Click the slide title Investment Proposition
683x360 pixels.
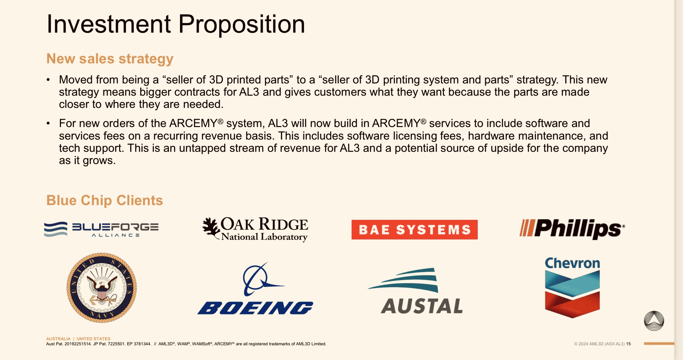176,24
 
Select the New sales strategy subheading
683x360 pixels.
110,59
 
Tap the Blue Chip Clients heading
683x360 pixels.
104,200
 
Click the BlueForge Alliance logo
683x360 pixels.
101,229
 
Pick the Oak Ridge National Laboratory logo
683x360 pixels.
255,229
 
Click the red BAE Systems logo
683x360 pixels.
414,230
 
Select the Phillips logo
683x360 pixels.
572,229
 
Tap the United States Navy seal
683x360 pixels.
102,288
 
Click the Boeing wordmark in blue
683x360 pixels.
255,308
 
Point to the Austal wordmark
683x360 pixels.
422,306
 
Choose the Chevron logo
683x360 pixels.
572,287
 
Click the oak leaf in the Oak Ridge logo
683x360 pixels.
211,227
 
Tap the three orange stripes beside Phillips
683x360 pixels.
527,228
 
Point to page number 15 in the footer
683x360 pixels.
628,344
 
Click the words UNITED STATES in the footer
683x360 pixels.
93,339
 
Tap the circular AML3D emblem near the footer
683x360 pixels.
654,321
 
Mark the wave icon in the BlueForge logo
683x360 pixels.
56,229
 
